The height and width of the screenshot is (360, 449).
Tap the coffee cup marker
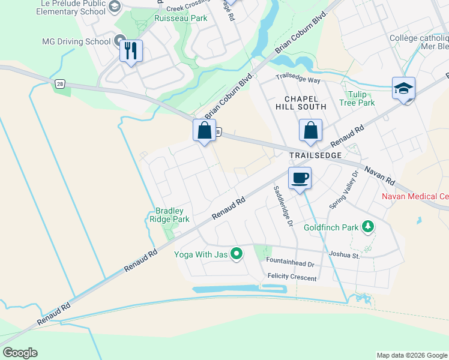(x=300, y=178)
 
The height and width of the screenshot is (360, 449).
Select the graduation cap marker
(x=403, y=88)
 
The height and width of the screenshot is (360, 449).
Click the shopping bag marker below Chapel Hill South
(x=310, y=130)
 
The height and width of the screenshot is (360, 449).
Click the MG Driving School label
(x=76, y=42)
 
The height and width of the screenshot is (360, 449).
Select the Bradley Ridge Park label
(x=172, y=215)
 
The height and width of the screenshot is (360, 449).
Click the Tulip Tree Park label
(x=361, y=98)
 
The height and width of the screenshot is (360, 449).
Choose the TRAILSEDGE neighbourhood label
(x=315, y=155)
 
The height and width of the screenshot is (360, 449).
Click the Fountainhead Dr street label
(x=290, y=264)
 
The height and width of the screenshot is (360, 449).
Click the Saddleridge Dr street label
(x=283, y=205)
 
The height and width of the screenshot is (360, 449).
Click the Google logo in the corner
(x=20, y=353)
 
